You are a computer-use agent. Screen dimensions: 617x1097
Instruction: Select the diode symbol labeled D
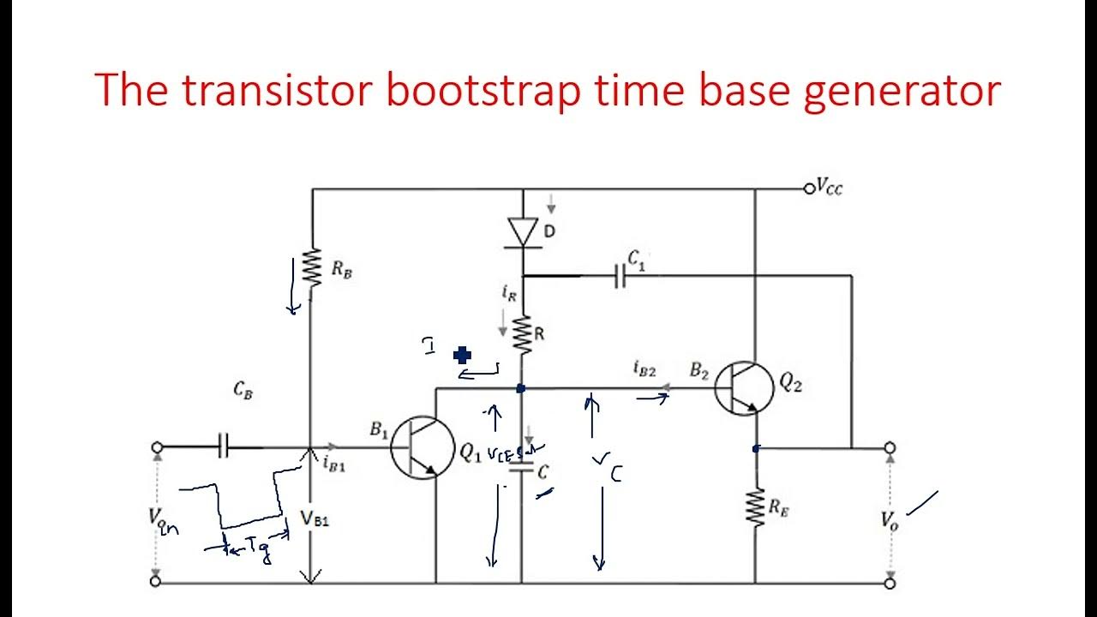coord(522,232)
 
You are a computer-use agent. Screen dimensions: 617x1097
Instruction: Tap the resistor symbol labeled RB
coord(312,267)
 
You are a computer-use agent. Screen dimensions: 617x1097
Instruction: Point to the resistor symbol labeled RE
coord(755,507)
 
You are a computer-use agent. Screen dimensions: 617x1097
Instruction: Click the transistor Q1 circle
coord(423,447)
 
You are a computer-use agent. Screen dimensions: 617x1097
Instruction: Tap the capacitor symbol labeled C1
coord(620,276)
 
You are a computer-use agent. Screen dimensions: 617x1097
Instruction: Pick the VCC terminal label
coord(829,187)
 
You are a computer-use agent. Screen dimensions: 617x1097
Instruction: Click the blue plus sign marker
coord(463,355)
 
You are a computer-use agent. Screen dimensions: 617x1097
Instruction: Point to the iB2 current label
coord(644,369)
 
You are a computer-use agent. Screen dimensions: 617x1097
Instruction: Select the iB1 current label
coord(334,465)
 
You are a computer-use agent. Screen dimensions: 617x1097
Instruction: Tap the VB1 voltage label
coord(315,518)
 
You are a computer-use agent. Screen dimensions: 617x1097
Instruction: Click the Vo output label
coord(890,519)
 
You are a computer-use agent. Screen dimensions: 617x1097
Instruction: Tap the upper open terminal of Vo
coord(890,447)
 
